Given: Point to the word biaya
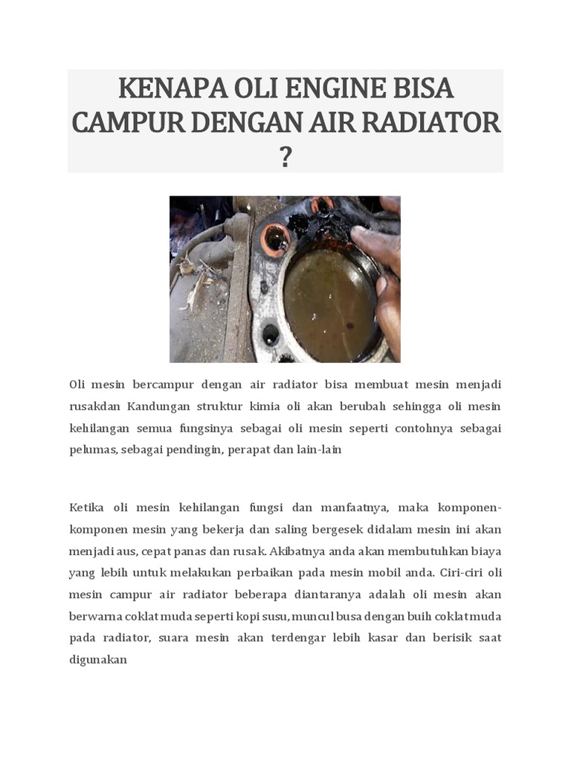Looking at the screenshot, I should click(x=485, y=551).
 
